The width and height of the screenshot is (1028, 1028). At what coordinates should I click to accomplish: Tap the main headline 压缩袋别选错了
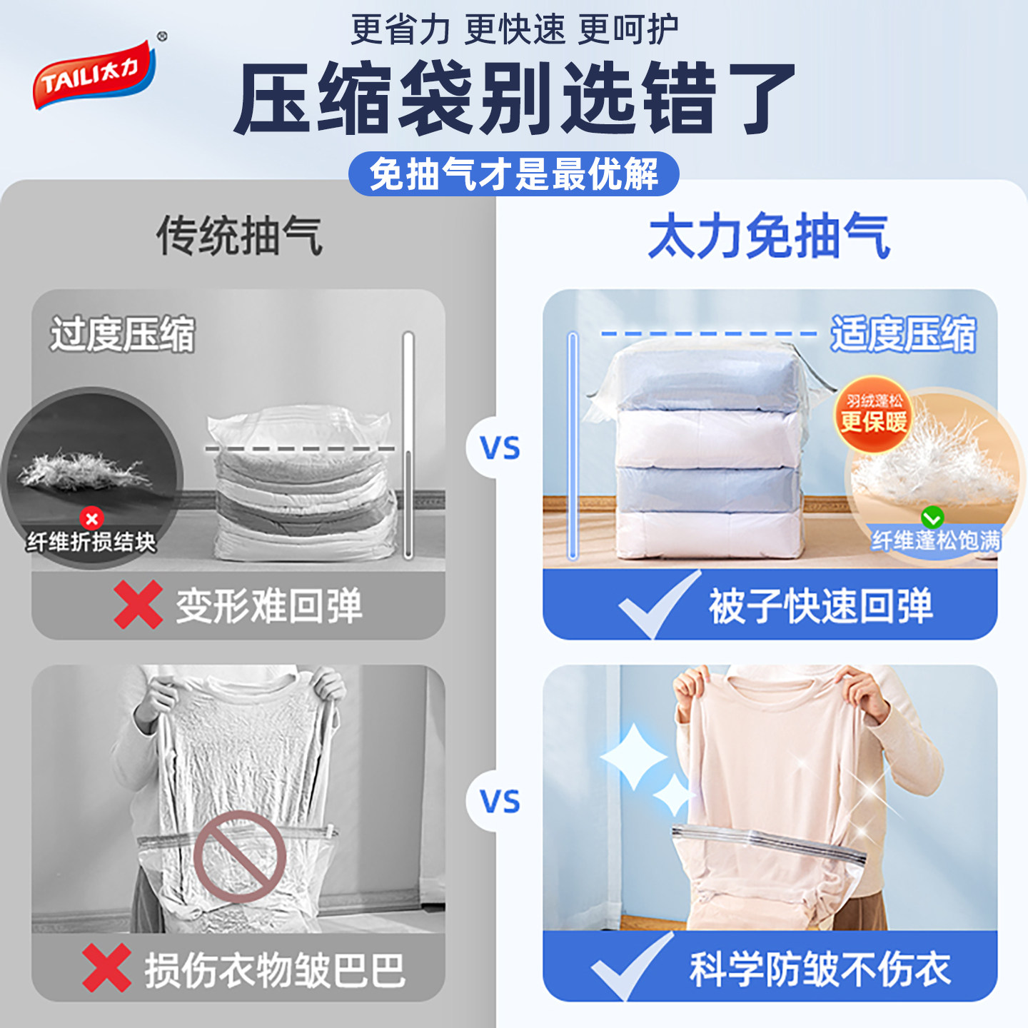tap(514, 99)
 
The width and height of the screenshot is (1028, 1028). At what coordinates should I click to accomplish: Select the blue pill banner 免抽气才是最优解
tap(514, 174)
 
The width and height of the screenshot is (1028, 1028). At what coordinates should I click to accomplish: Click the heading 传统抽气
tap(240, 236)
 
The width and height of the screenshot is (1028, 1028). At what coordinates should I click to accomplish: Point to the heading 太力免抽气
tap(770, 236)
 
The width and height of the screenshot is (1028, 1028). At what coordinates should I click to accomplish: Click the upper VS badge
tap(500, 448)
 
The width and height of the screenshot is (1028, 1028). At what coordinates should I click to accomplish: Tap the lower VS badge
tap(500, 802)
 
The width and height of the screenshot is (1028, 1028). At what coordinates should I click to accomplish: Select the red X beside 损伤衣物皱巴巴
tap(106, 968)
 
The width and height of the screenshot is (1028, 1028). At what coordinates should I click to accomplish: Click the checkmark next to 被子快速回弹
tap(657, 605)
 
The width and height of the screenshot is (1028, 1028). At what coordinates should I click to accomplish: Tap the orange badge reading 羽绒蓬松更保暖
tap(874, 414)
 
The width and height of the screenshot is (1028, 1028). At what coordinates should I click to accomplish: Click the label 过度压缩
tap(122, 334)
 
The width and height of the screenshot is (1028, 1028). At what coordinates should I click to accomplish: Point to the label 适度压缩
tap(903, 334)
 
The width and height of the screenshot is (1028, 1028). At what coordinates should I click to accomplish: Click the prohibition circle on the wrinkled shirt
tap(240, 856)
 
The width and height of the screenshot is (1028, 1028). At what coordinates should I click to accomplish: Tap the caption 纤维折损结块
tap(91, 542)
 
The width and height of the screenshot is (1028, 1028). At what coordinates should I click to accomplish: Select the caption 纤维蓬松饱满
tap(936, 540)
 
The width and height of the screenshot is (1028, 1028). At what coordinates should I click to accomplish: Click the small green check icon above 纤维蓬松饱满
tap(932, 517)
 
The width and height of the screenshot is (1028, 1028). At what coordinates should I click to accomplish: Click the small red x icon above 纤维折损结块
tap(91, 518)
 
